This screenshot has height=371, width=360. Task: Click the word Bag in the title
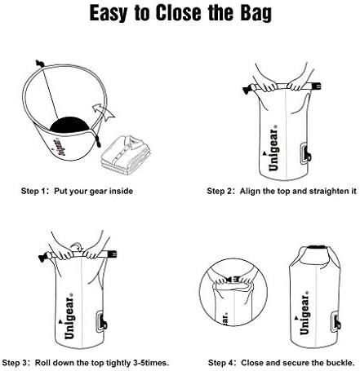coord(256,13)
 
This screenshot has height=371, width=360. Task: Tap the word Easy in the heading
coord(109,13)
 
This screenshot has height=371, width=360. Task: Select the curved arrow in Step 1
coord(103,112)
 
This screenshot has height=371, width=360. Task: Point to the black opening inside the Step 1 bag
coord(69,125)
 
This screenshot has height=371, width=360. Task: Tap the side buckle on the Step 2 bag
coord(305,154)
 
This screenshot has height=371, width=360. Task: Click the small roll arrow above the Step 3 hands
coord(77,246)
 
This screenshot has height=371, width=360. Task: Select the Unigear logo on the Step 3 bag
coord(69,316)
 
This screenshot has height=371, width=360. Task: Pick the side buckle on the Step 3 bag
coord(101,322)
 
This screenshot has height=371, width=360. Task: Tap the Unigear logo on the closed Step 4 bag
coord(304,313)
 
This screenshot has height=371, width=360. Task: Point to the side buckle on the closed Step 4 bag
coord(336,322)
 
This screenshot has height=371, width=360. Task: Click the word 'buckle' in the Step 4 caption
coord(342,363)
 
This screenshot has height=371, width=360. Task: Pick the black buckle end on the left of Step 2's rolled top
coord(248,89)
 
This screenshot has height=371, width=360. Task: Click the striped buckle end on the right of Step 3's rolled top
coord(112,254)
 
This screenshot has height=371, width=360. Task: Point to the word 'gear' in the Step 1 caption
coord(98,192)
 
